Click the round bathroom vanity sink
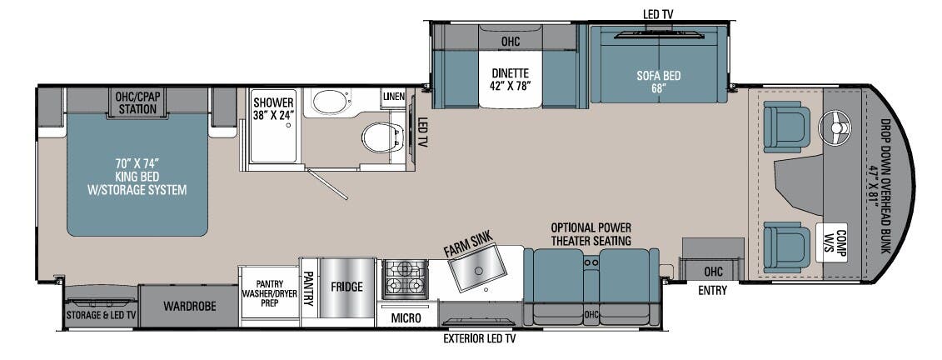point(328,102)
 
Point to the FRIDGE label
point(346,287)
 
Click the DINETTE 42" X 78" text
point(511,77)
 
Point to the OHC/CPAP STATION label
point(139,102)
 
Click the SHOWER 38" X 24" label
point(274,109)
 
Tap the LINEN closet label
point(394,97)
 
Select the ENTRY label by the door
point(712,291)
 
